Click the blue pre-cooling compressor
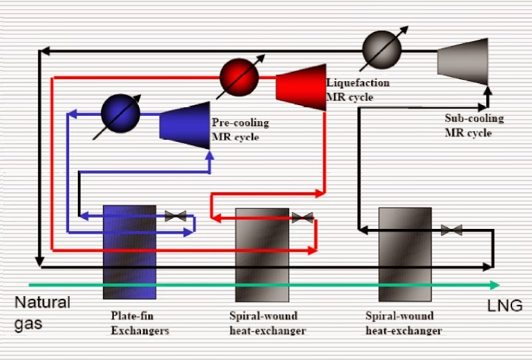(x=186, y=120)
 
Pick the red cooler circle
(x=239, y=77)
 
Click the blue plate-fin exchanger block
(x=130, y=252)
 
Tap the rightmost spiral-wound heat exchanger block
(x=405, y=255)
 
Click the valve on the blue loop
(x=176, y=216)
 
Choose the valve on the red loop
(x=303, y=218)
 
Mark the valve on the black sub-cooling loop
(x=452, y=230)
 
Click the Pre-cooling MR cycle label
(x=240, y=130)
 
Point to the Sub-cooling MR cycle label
(x=474, y=126)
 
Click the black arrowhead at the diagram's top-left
(x=43, y=50)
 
